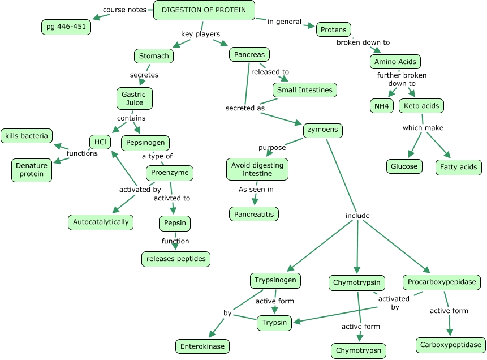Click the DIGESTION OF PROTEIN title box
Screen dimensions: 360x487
click(x=204, y=10)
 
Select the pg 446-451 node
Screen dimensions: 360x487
click(x=66, y=27)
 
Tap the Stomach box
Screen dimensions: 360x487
click(x=154, y=56)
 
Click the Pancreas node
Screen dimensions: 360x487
click(x=249, y=55)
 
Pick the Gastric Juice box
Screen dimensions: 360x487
click(x=135, y=98)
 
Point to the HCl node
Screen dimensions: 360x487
click(x=100, y=142)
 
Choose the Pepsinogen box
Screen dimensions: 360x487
click(x=145, y=143)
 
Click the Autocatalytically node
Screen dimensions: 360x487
click(x=101, y=222)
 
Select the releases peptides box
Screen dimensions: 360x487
click(x=176, y=259)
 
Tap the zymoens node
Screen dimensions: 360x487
click(x=322, y=130)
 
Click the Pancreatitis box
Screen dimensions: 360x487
click(x=254, y=214)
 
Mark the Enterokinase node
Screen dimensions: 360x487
click(x=202, y=346)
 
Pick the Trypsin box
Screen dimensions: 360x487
click(x=274, y=323)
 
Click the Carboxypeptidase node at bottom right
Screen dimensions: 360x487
click(x=451, y=344)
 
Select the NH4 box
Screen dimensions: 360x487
click(x=381, y=106)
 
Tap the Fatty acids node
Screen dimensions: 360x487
click(x=458, y=167)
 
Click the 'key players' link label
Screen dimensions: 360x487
click(x=200, y=34)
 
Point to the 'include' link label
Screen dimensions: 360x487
click(x=357, y=216)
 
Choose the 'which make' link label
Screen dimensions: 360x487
click(x=423, y=128)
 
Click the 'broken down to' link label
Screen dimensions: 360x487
click(x=363, y=42)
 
